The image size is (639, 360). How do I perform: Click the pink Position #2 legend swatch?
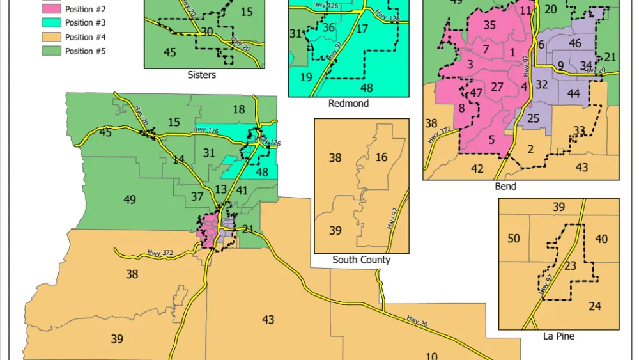point(54,9)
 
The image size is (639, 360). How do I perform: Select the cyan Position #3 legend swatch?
point(54,23)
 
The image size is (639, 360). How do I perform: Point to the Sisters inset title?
point(201,75)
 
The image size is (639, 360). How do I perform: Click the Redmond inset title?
point(348,103)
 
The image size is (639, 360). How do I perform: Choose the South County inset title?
point(361,260)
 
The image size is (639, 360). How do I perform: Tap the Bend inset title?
point(505,186)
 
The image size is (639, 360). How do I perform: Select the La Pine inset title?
point(558,336)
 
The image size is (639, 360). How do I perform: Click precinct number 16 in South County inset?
point(381,157)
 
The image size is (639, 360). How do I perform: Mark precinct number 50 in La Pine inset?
point(514,239)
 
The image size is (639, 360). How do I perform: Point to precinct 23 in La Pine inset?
point(571,265)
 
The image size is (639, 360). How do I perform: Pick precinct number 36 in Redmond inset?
point(328,27)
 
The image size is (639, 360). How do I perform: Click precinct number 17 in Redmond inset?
point(362,29)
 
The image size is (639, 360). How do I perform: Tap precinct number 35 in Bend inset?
point(489,26)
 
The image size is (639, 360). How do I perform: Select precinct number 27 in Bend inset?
point(498,87)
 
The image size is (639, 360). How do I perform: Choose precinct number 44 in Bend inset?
point(573,93)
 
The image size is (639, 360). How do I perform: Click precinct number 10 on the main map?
point(431,356)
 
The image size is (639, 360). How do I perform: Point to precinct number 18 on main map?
point(238,109)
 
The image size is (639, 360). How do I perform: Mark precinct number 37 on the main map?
point(197,196)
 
